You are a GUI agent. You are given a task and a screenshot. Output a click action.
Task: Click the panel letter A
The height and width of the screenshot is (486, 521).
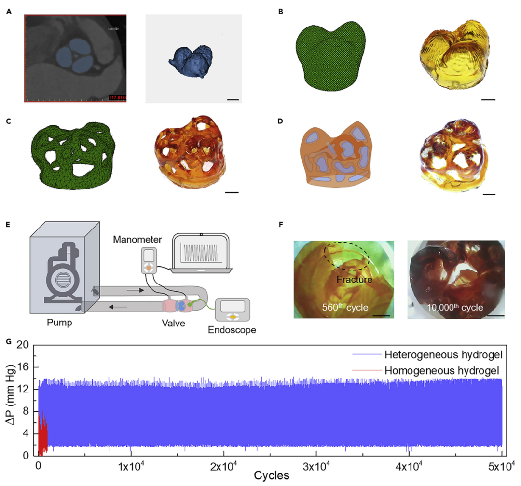(8, 11)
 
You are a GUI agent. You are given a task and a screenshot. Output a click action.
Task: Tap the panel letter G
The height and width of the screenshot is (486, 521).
(8, 341)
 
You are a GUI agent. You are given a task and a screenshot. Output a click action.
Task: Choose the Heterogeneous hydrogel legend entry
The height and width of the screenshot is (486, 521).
(441, 355)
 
